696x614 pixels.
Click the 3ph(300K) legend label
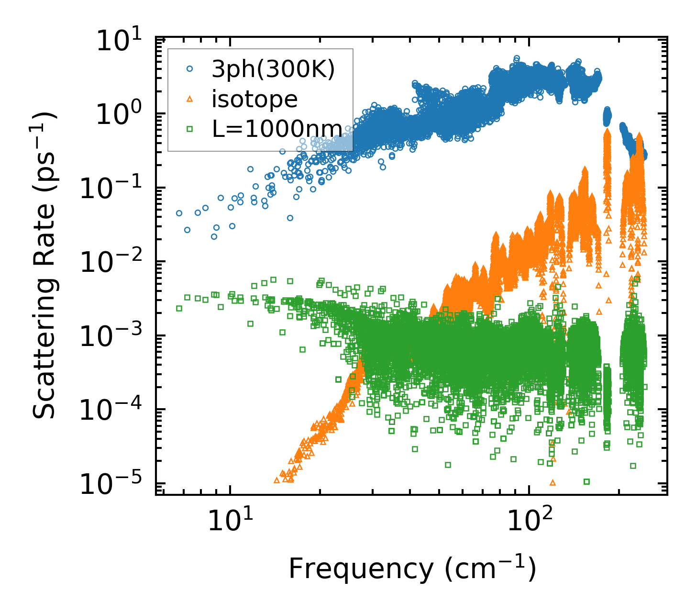[273, 69]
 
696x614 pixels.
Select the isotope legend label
[254, 100]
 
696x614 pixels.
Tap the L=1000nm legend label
[277, 129]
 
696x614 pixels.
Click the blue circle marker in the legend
[190, 69]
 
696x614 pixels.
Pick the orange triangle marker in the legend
[190, 99]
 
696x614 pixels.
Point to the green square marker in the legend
[190, 129]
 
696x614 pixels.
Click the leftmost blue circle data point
[179, 213]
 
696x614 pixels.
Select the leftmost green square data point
[179, 308]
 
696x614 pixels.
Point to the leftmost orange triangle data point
[276, 480]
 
